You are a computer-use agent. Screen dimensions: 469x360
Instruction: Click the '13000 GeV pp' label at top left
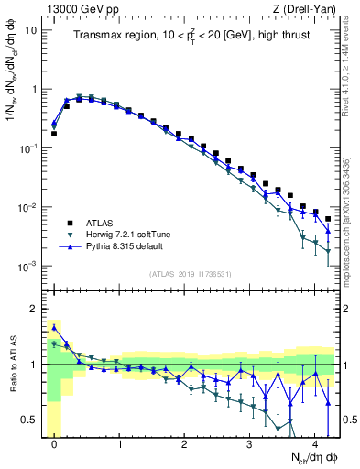77,8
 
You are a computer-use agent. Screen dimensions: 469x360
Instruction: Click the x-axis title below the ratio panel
302,456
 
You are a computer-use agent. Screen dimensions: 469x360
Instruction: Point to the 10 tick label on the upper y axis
30,30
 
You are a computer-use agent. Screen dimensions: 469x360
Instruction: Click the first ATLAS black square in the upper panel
54,134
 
